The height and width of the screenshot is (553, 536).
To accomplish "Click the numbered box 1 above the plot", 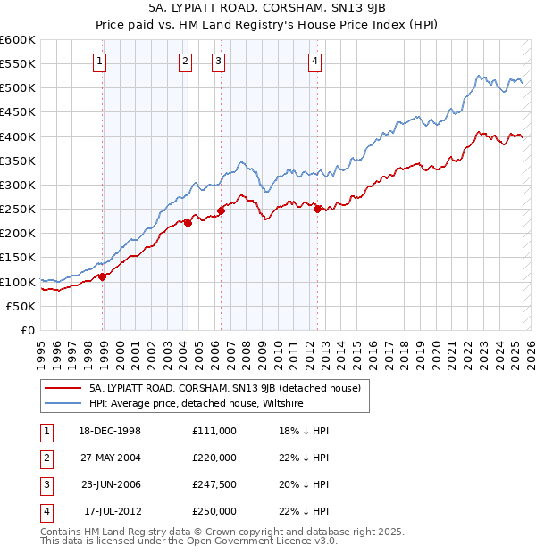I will [98, 62].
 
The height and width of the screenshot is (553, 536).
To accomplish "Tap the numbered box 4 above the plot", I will [315, 62].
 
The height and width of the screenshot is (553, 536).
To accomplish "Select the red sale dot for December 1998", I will [103, 276].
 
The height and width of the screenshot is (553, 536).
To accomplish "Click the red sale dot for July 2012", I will [317, 209].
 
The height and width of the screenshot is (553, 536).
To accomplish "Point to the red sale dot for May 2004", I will [188, 224].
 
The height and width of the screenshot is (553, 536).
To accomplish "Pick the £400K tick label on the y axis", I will [18, 136].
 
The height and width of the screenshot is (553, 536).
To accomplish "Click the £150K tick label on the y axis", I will [18, 258].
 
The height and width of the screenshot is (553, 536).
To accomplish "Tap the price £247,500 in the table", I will [214, 485].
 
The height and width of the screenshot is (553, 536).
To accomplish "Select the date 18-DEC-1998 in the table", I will [111, 431].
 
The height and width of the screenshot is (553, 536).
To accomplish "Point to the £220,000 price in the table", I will [214, 458].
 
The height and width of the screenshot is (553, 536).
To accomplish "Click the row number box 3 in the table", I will [45, 485].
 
